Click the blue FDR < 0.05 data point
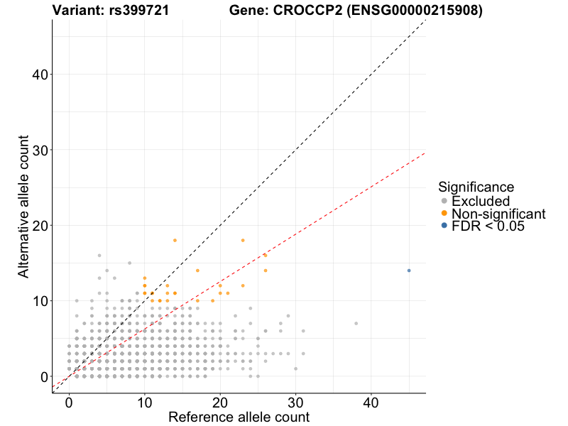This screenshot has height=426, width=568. point(409,271)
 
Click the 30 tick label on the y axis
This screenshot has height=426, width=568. point(40,150)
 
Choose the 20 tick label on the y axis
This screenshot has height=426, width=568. point(40,226)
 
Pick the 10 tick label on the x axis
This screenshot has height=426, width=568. point(144,403)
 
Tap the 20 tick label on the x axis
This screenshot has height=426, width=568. point(220,403)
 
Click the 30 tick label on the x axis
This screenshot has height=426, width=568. point(295,403)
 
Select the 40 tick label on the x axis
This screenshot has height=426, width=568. point(371,403)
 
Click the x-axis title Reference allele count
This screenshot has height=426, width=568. point(239,417)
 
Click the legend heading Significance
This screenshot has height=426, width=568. point(476,187)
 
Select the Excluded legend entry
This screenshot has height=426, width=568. point(480,201)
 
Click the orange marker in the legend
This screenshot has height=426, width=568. point(444,214)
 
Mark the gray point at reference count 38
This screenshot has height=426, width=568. point(356,323)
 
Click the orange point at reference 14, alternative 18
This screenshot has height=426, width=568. point(175,240)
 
